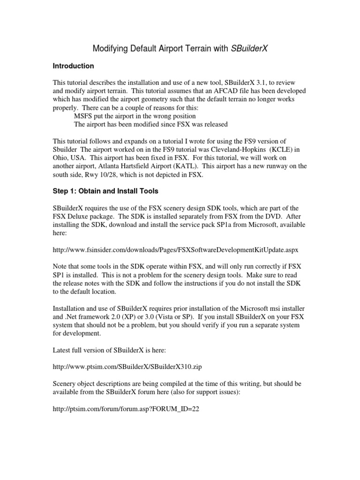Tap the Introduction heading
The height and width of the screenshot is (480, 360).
(x=73, y=66)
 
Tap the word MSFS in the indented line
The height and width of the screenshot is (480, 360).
(x=84, y=115)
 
